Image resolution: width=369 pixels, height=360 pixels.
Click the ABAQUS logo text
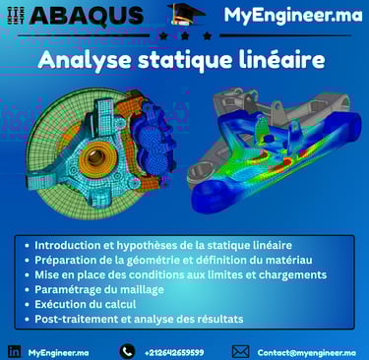tap(87, 16)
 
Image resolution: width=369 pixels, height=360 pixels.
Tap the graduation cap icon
tap(186, 15)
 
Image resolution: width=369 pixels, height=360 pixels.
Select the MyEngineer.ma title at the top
tap(293, 15)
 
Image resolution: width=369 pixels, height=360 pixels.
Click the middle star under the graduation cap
tap(185, 35)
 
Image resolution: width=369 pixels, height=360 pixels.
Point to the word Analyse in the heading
tap(85, 61)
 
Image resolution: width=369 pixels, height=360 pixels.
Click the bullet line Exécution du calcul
tap(86, 304)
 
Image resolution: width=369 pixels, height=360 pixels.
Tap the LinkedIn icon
tap(14, 352)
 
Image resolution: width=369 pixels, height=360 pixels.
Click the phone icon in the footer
tap(127, 352)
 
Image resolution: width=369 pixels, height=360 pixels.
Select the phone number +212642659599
tap(174, 353)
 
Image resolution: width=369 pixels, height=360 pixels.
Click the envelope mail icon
tap(240, 352)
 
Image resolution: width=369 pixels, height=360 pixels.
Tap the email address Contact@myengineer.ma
tap(307, 353)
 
